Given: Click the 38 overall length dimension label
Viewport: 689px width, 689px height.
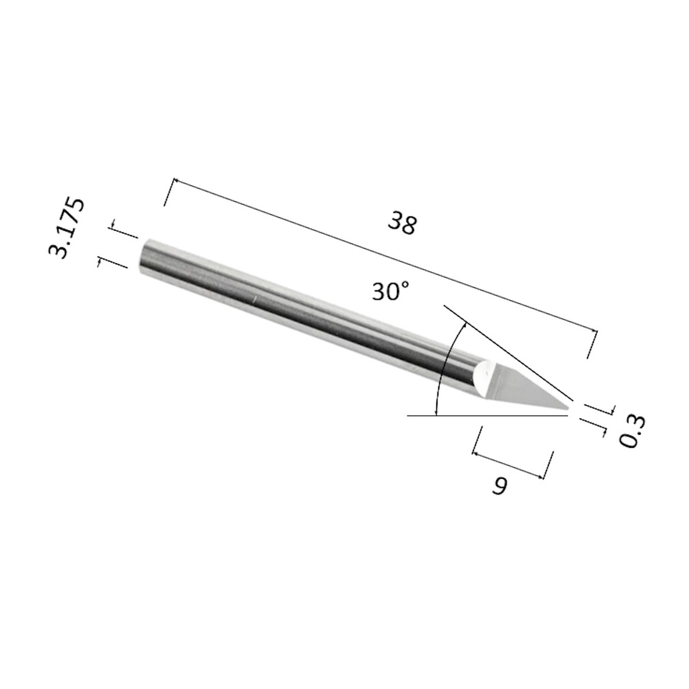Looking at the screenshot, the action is [x=402, y=223].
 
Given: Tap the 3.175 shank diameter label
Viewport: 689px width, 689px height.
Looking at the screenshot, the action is [x=67, y=227].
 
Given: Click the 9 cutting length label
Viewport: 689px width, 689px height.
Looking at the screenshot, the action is [x=500, y=486].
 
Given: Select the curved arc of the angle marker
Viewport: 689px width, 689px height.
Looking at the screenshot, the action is [x=446, y=367].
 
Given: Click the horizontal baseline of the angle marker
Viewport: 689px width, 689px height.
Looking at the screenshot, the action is [x=487, y=416].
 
